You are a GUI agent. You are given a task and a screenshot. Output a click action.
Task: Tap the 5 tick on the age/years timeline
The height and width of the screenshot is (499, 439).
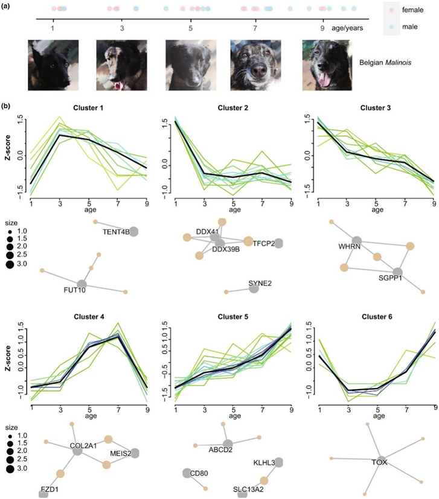[x=191, y=28]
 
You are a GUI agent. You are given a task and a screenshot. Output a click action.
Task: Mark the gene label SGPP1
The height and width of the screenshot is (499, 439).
[x=390, y=279]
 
